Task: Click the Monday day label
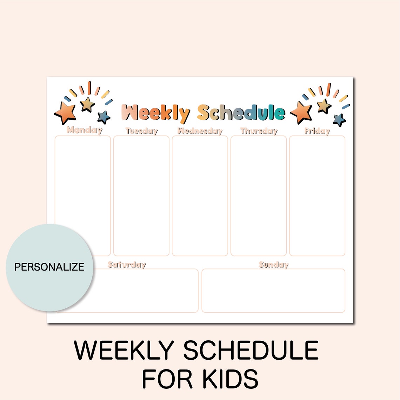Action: pyautogui.click(x=85, y=130)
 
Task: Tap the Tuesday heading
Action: pyautogui.click(x=141, y=131)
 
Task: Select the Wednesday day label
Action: pyautogui.click(x=200, y=131)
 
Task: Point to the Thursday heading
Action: pyautogui.click(x=259, y=131)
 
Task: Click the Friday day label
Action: pyautogui.click(x=317, y=131)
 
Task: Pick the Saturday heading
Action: pyautogui.click(x=127, y=265)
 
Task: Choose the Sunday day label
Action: pyautogui.click(x=273, y=265)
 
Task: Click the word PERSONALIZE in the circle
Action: pyautogui.click(x=49, y=267)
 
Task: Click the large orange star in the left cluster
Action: pyautogui.click(x=65, y=113)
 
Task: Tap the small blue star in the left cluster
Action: pyautogui.click(x=104, y=117)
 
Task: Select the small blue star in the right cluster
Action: pyautogui.click(x=339, y=120)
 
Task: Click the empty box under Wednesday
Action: pyautogui.click(x=200, y=196)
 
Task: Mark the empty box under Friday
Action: pyautogui.click(x=317, y=196)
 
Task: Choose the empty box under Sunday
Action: pyautogui.click(x=273, y=291)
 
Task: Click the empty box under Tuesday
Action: pyautogui.click(x=141, y=196)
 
